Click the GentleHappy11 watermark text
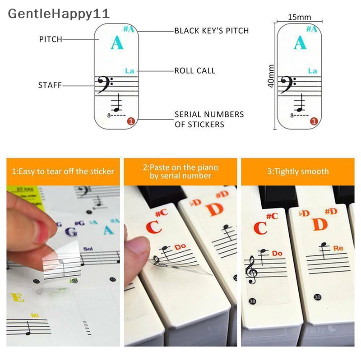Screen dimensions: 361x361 59,13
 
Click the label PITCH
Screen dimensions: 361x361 51,40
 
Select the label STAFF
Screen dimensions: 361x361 50,85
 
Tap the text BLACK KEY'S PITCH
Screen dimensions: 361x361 212,31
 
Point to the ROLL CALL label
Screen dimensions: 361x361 195,71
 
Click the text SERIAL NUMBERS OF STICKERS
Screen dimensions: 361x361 209,119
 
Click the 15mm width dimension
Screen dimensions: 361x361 299,17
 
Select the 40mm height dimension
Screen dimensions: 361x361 271,76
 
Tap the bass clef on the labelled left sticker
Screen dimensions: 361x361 106,84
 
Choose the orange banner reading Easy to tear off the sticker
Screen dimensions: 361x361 63,171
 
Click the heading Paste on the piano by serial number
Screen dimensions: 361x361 180,171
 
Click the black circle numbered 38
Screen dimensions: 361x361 252,301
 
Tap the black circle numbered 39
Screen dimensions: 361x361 318,296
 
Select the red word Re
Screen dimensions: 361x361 338,248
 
